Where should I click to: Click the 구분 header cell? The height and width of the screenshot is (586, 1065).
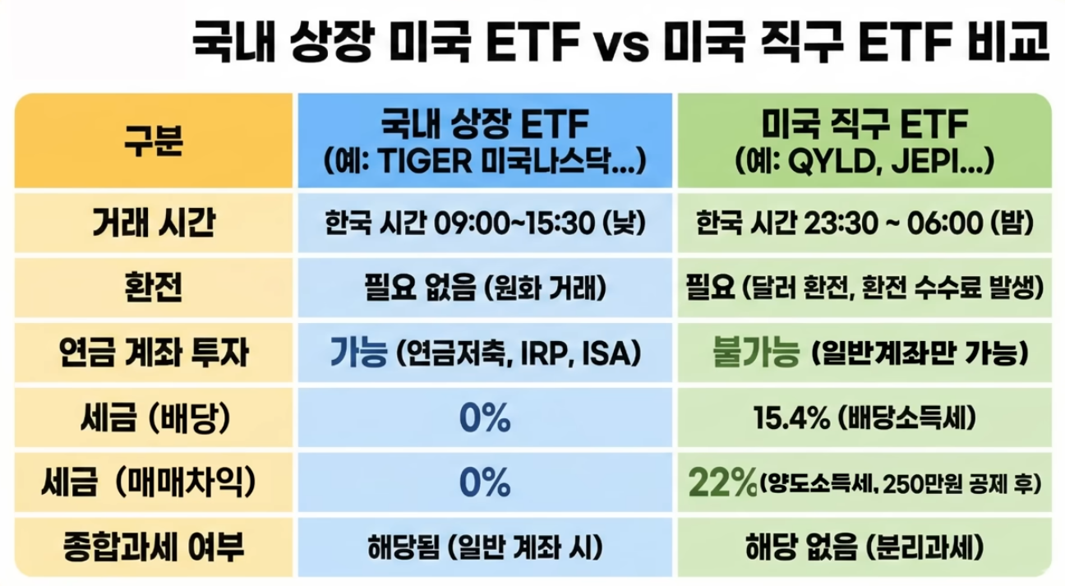(x=154, y=139)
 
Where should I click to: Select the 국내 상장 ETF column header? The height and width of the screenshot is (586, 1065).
(x=485, y=140)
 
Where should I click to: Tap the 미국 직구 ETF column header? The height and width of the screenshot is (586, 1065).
(x=863, y=140)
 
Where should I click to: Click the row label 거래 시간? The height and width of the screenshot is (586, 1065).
(x=154, y=223)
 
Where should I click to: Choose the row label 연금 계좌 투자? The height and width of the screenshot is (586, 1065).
(x=154, y=353)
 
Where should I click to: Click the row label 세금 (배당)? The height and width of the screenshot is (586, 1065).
(x=154, y=419)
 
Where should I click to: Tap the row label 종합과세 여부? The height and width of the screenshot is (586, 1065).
(x=154, y=545)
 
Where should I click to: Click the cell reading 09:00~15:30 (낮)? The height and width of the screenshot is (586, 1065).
(x=485, y=224)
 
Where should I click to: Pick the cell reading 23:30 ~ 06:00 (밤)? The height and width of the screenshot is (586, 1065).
(x=863, y=224)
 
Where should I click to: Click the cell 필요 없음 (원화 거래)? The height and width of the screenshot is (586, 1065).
(x=485, y=288)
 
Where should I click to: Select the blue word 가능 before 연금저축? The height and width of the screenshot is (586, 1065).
(x=358, y=353)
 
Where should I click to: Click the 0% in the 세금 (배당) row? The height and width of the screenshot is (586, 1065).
(x=485, y=419)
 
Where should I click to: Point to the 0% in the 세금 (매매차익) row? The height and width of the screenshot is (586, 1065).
(x=485, y=483)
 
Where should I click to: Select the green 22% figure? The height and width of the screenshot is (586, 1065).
(x=726, y=483)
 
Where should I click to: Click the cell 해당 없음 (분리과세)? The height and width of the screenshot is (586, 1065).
(x=863, y=546)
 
